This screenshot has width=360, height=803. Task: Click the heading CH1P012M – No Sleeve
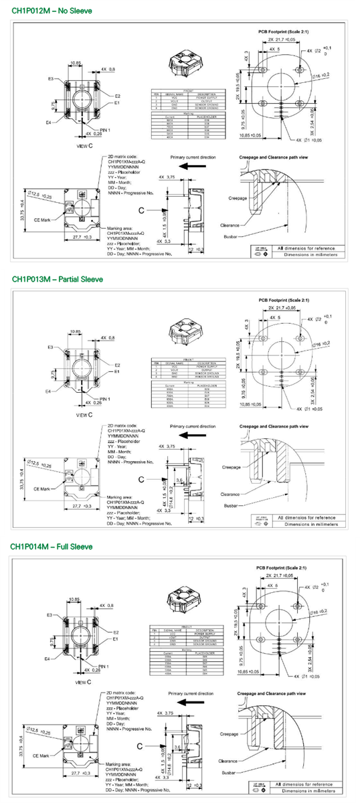52,11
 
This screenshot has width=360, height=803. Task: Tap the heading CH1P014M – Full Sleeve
51,547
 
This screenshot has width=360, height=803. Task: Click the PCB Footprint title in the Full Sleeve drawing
282,567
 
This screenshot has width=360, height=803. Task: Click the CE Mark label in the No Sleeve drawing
47,219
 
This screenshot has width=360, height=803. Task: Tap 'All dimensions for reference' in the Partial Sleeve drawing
307,517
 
